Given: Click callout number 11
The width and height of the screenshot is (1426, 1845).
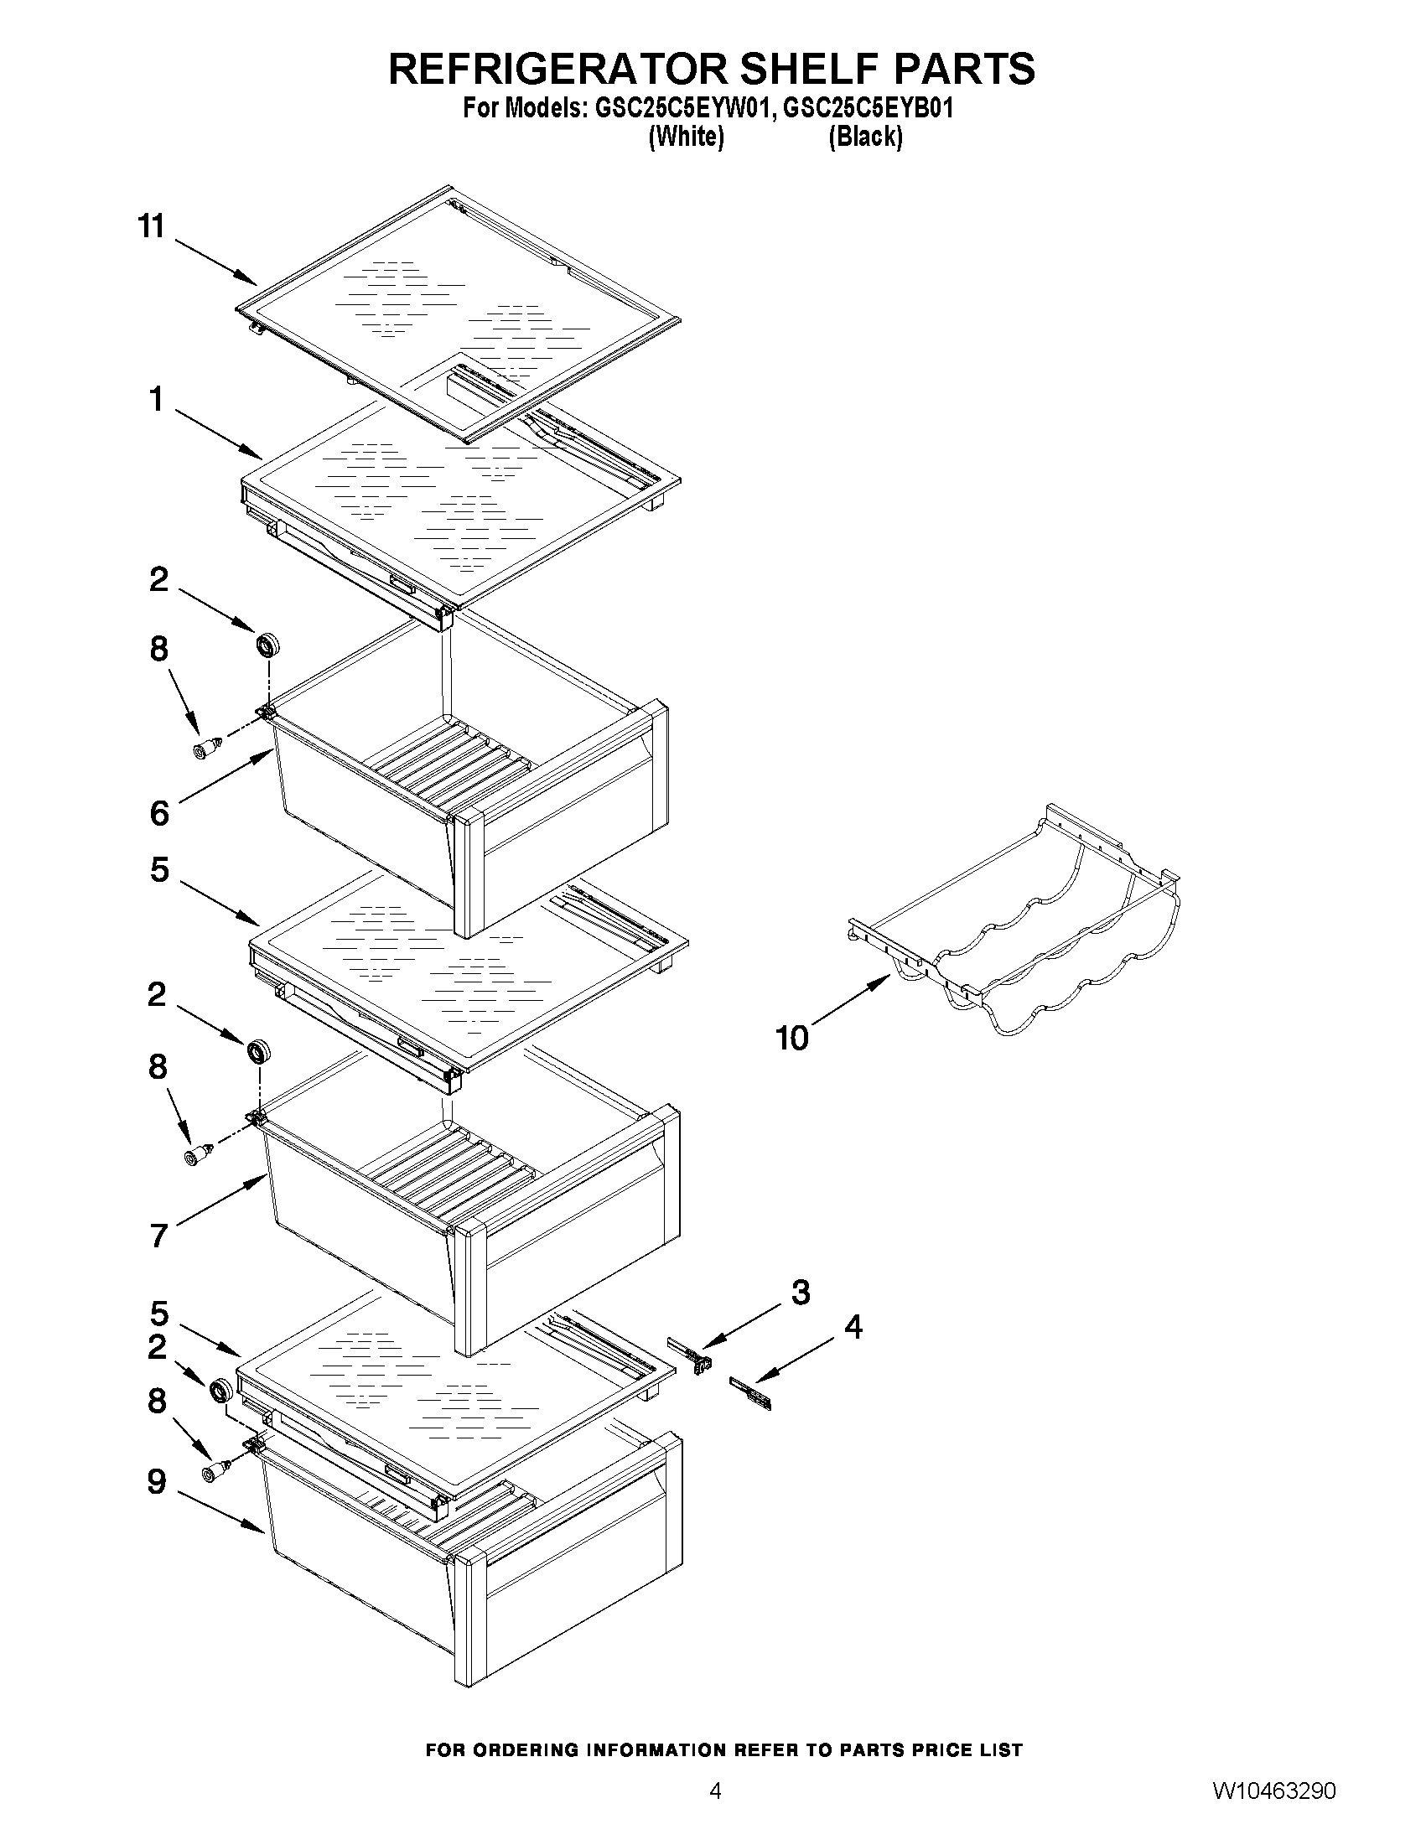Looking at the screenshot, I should tap(151, 226).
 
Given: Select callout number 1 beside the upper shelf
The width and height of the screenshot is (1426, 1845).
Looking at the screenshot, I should tap(157, 399).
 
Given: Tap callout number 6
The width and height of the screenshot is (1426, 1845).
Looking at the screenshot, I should tap(158, 812).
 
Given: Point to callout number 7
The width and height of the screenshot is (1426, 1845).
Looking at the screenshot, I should tap(158, 1235).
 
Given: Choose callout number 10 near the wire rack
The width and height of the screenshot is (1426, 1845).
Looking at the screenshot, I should tap(791, 1039).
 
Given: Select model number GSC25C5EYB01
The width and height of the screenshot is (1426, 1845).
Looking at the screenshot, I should tap(869, 109).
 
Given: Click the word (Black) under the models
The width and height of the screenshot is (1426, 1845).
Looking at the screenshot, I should tap(865, 136).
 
